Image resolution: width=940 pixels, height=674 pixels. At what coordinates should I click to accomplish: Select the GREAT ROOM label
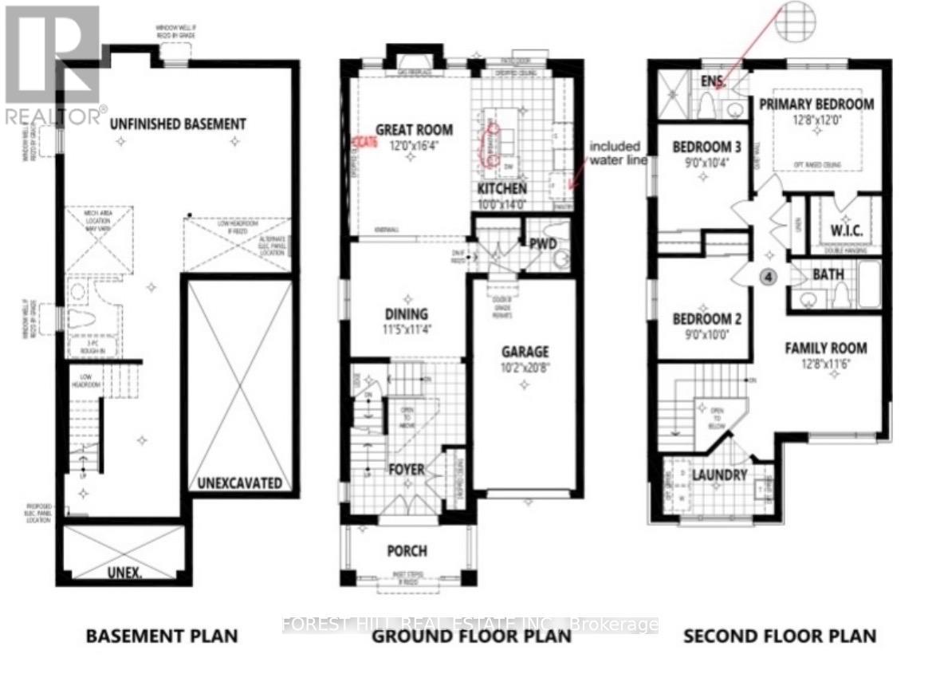[414, 130]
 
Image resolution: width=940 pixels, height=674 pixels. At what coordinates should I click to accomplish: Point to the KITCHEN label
[501, 189]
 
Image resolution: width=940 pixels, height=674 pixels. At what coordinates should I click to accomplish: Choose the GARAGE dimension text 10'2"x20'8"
[524, 368]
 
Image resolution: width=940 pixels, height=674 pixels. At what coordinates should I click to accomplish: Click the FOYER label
[406, 469]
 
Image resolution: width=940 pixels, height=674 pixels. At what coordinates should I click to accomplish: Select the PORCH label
[407, 551]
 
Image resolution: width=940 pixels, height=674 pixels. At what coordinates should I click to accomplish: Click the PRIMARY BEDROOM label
[816, 104]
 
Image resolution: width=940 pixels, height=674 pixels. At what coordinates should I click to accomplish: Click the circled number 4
[768, 277]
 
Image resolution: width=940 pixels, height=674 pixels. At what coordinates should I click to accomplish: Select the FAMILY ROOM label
[826, 349]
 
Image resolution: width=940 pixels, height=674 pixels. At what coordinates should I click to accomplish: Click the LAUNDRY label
[719, 475]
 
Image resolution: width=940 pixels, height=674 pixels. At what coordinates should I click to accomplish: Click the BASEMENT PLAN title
[162, 636]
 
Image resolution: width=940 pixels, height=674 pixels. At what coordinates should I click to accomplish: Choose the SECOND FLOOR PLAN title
[778, 636]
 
